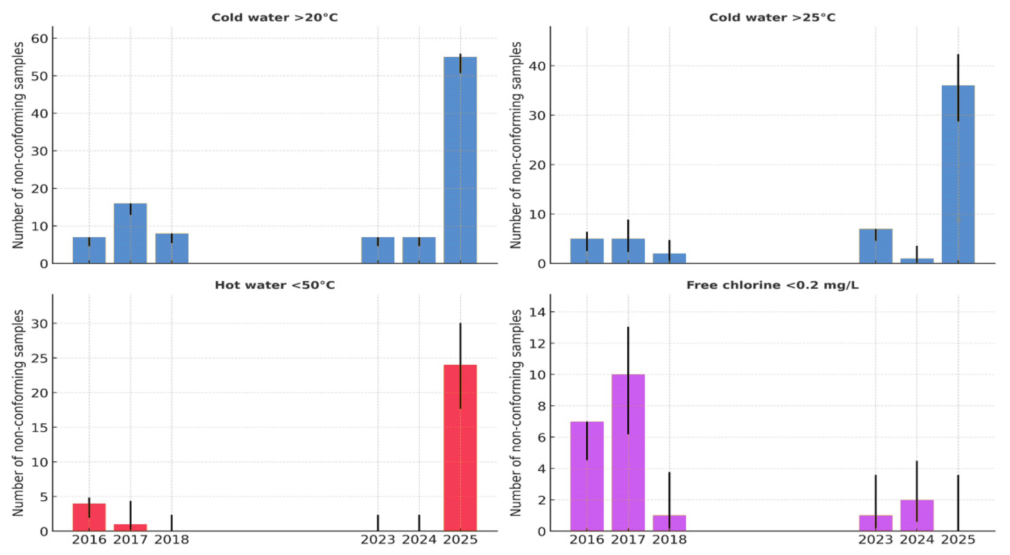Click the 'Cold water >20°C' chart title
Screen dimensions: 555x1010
pos(275,18)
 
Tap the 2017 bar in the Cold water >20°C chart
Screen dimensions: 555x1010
pos(130,235)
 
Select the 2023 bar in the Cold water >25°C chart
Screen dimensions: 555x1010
pos(876,247)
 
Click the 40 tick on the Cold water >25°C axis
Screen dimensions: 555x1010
pos(537,66)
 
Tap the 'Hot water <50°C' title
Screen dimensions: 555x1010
pos(275,285)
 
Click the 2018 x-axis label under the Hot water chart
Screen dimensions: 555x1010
pos(171,540)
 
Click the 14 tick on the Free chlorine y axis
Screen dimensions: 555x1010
pos(537,312)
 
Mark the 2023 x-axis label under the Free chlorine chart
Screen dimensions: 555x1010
pos(876,540)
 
